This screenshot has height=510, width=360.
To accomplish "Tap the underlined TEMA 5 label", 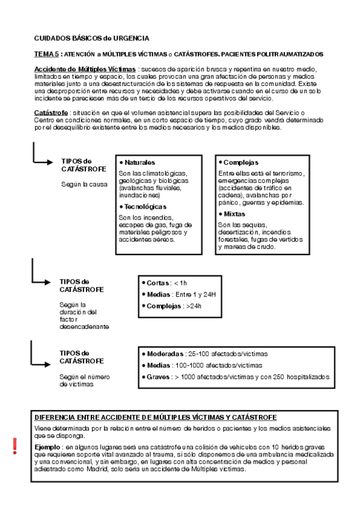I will coord(46,54).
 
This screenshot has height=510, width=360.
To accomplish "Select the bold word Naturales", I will coord(140,162).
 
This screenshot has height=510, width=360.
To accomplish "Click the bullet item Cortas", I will coord(158,283).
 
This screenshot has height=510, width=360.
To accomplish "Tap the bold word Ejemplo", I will coord(48,447).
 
